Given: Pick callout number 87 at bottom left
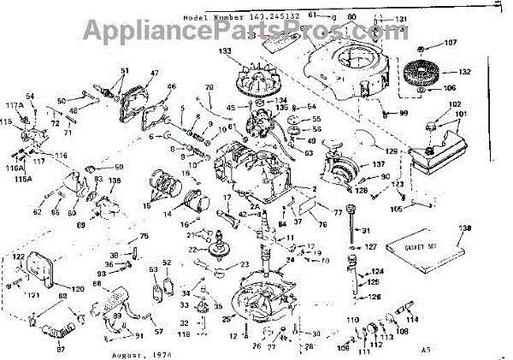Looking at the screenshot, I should (x=60, y=350).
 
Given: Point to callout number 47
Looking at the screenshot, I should (x=155, y=74).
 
